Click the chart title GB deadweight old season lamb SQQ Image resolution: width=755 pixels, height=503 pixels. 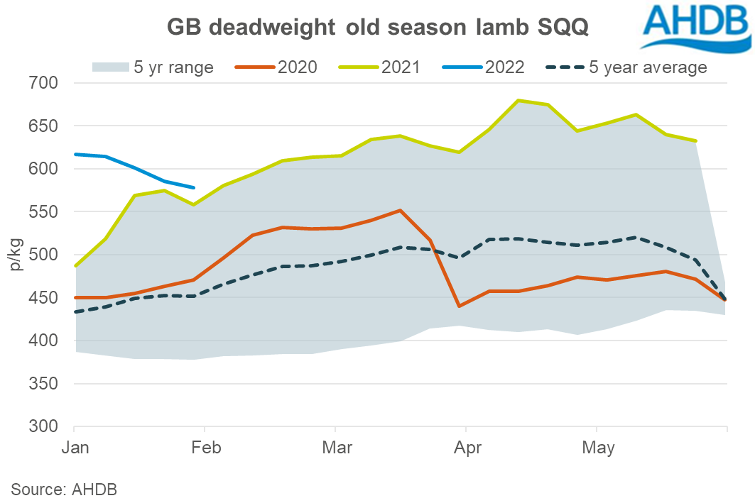[377, 28]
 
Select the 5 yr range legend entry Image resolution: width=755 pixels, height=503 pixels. [153, 67]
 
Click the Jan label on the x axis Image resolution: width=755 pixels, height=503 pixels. [75, 448]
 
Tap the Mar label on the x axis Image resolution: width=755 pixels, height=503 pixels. [335, 448]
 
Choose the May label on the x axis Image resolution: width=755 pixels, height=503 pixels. [597, 448]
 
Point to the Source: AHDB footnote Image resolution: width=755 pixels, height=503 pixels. [64, 489]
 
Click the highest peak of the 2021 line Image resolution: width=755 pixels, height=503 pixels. [518, 100]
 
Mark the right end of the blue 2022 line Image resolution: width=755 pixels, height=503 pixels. [195, 188]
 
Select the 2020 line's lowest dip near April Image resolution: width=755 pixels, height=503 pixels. [459, 306]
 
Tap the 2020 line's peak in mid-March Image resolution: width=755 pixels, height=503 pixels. [400, 210]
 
